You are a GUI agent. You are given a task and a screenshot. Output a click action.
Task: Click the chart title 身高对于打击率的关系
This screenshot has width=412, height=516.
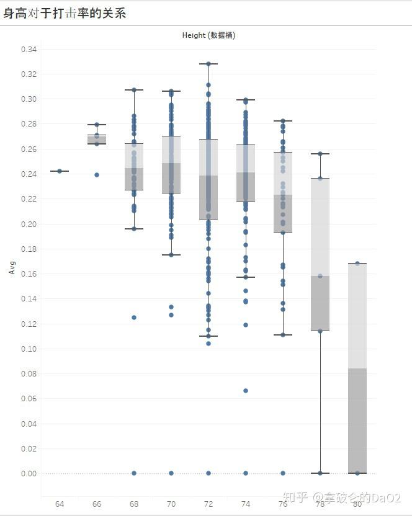point(65,13)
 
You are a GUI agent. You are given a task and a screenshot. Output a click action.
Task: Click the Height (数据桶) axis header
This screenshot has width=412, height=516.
point(208,35)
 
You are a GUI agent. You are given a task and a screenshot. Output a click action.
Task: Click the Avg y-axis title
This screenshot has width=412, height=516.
point(12,269)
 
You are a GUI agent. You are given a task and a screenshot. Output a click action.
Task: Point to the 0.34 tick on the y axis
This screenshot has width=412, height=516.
point(29,49)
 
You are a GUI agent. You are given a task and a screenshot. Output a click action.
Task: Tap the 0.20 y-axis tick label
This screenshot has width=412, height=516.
point(29,224)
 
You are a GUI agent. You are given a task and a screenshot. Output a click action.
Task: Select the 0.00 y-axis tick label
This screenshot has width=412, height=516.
point(29,473)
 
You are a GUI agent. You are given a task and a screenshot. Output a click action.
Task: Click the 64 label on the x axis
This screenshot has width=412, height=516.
point(60,504)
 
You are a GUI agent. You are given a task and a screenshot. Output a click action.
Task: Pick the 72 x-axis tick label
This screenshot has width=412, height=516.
point(208,504)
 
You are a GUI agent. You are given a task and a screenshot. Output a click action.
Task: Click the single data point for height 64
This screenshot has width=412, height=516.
point(60,171)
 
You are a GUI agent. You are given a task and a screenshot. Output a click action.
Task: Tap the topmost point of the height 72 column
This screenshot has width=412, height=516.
point(208,63)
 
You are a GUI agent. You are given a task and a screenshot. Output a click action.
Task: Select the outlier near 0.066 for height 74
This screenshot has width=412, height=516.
point(246,391)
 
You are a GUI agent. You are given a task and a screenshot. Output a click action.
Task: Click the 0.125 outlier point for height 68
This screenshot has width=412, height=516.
point(134,318)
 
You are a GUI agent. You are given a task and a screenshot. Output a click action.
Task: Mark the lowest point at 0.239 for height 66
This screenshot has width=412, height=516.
point(97,175)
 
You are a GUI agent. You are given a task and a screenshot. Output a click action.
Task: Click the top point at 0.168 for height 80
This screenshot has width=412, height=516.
point(357,264)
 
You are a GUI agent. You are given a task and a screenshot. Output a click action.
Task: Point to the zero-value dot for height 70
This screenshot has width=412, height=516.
point(171,473)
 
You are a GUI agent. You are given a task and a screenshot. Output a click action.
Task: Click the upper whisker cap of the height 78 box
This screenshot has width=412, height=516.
point(320,154)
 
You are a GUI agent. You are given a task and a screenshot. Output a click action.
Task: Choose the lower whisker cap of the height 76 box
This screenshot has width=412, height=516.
point(283,335)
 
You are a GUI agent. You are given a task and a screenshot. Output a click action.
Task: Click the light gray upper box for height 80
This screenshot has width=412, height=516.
point(357,316)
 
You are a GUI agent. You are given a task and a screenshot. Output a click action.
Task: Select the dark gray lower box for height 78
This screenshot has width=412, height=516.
point(320,303)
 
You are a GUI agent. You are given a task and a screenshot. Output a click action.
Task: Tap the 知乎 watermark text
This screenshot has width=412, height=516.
point(295,497)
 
